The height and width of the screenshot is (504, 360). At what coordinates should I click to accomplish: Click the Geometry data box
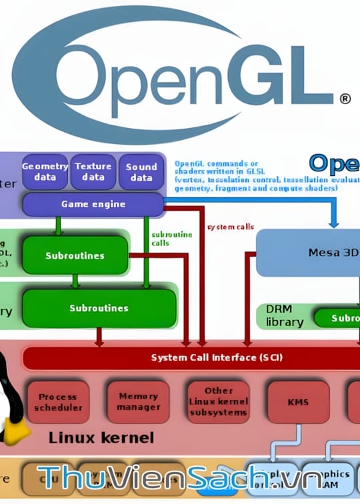point(45,172)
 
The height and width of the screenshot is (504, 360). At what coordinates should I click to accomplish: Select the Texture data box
point(93,172)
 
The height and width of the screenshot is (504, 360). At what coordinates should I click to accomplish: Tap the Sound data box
point(141,172)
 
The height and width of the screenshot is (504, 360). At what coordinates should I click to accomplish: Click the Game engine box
point(93,204)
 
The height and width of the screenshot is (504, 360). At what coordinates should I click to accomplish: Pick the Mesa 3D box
point(327,253)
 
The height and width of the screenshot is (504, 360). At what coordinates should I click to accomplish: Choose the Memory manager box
point(139,401)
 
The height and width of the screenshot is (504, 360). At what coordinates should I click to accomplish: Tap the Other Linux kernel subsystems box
point(219,402)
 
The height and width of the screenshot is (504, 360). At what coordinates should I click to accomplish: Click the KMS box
point(298,402)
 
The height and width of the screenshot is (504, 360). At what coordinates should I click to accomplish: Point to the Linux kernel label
point(101,438)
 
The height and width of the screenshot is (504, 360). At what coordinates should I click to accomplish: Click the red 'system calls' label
point(231,227)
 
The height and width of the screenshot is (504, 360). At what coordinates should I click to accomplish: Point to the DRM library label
point(285,316)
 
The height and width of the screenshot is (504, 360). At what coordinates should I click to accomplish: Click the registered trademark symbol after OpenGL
point(345,98)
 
